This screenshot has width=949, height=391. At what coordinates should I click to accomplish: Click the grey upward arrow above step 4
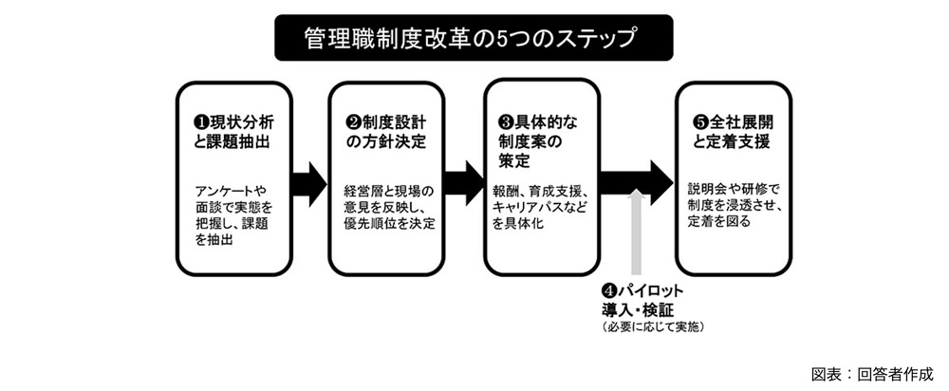click(639, 237)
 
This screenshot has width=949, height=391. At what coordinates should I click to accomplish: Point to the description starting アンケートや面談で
click(230, 214)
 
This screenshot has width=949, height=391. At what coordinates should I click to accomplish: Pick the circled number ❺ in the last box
click(700, 122)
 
